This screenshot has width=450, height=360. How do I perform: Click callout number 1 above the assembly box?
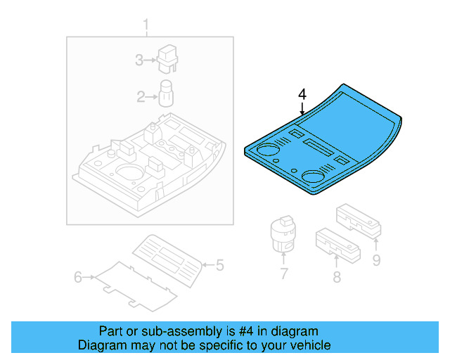click(x=146, y=27)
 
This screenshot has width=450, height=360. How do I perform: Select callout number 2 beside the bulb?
click(x=141, y=96)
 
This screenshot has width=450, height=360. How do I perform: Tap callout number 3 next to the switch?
click(x=139, y=60)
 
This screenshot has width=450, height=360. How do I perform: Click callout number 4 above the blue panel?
click(x=302, y=94)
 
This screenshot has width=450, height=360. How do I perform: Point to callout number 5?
click(x=219, y=265)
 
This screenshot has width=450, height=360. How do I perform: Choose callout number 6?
click(x=79, y=277)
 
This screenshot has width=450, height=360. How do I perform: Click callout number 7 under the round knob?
click(x=283, y=274)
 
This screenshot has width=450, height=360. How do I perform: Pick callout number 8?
click(x=337, y=277)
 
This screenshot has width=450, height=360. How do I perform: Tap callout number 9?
click(x=376, y=262)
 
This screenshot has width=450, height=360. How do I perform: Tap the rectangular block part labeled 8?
click(x=337, y=240)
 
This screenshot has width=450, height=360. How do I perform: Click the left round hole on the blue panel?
click(x=267, y=149)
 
